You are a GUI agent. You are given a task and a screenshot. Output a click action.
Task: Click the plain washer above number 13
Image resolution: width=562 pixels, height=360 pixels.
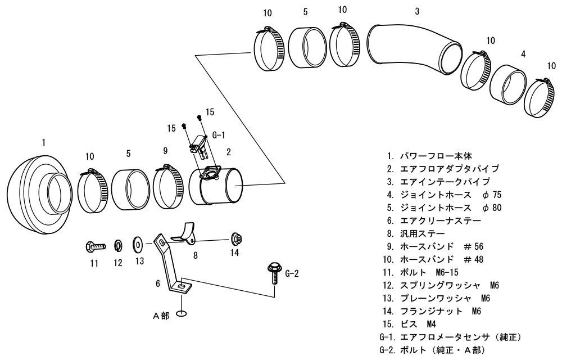click(x=137, y=245)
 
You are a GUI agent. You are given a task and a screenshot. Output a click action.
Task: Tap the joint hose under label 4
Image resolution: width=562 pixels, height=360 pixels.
click(x=508, y=84)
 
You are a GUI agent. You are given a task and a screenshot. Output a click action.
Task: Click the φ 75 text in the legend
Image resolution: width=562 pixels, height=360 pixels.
click(x=491, y=195)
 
